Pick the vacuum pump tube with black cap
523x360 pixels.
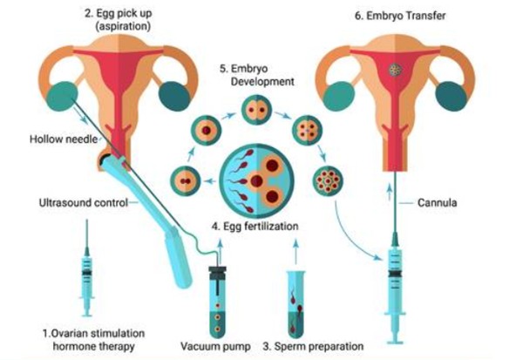(216, 293)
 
